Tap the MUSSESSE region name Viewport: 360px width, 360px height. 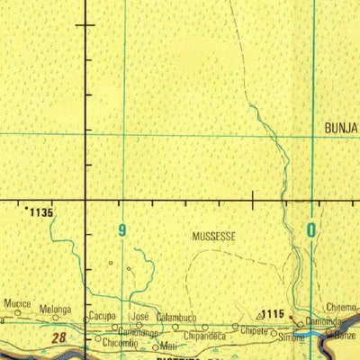(x=214, y=236)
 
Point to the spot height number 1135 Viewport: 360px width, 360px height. (x=41, y=212)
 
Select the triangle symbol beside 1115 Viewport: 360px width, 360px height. (x=260, y=316)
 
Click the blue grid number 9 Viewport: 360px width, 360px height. (x=122, y=231)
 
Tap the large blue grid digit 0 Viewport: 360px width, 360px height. (x=312, y=230)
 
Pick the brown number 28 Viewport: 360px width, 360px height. (x=59, y=337)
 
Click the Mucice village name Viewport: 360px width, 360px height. (x=17, y=304)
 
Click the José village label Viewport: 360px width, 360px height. (x=139, y=317)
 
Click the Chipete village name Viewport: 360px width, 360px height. (x=254, y=330)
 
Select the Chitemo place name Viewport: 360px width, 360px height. (x=342, y=308)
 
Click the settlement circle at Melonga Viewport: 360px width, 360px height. (x=55, y=317)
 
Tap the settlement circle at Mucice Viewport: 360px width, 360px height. (x=17, y=313)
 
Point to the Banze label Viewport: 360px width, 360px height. (x=346, y=336)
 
